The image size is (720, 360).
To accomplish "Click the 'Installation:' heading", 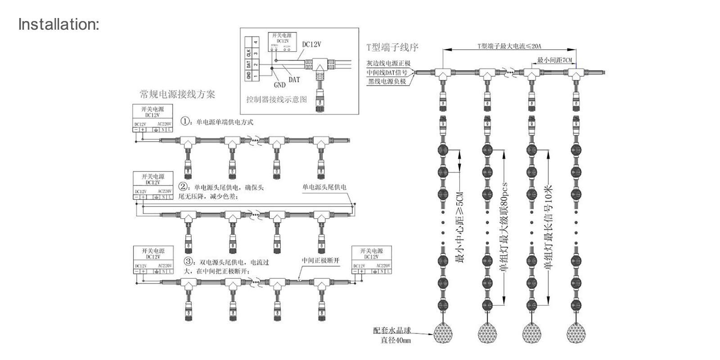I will click(58, 24).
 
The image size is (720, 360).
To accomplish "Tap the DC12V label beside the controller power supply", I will click(311, 45).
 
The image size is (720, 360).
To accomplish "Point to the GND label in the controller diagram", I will click(279, 85).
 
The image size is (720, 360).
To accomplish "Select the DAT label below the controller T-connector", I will click(294, 80).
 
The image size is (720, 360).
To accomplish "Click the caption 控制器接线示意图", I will click(276, 99).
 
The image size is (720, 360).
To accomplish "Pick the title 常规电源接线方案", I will click(177, 94).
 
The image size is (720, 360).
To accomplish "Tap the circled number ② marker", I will click(183, 186).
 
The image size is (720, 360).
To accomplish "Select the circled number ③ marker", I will click(189, 261).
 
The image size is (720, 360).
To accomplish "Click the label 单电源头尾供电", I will click(324, 187).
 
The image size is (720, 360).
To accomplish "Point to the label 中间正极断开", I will click(320, 261).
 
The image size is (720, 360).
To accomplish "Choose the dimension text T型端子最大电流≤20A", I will click(509, 46).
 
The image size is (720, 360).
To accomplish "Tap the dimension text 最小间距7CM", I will click(554, 60).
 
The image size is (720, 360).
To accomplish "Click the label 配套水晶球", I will click(392, 330).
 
